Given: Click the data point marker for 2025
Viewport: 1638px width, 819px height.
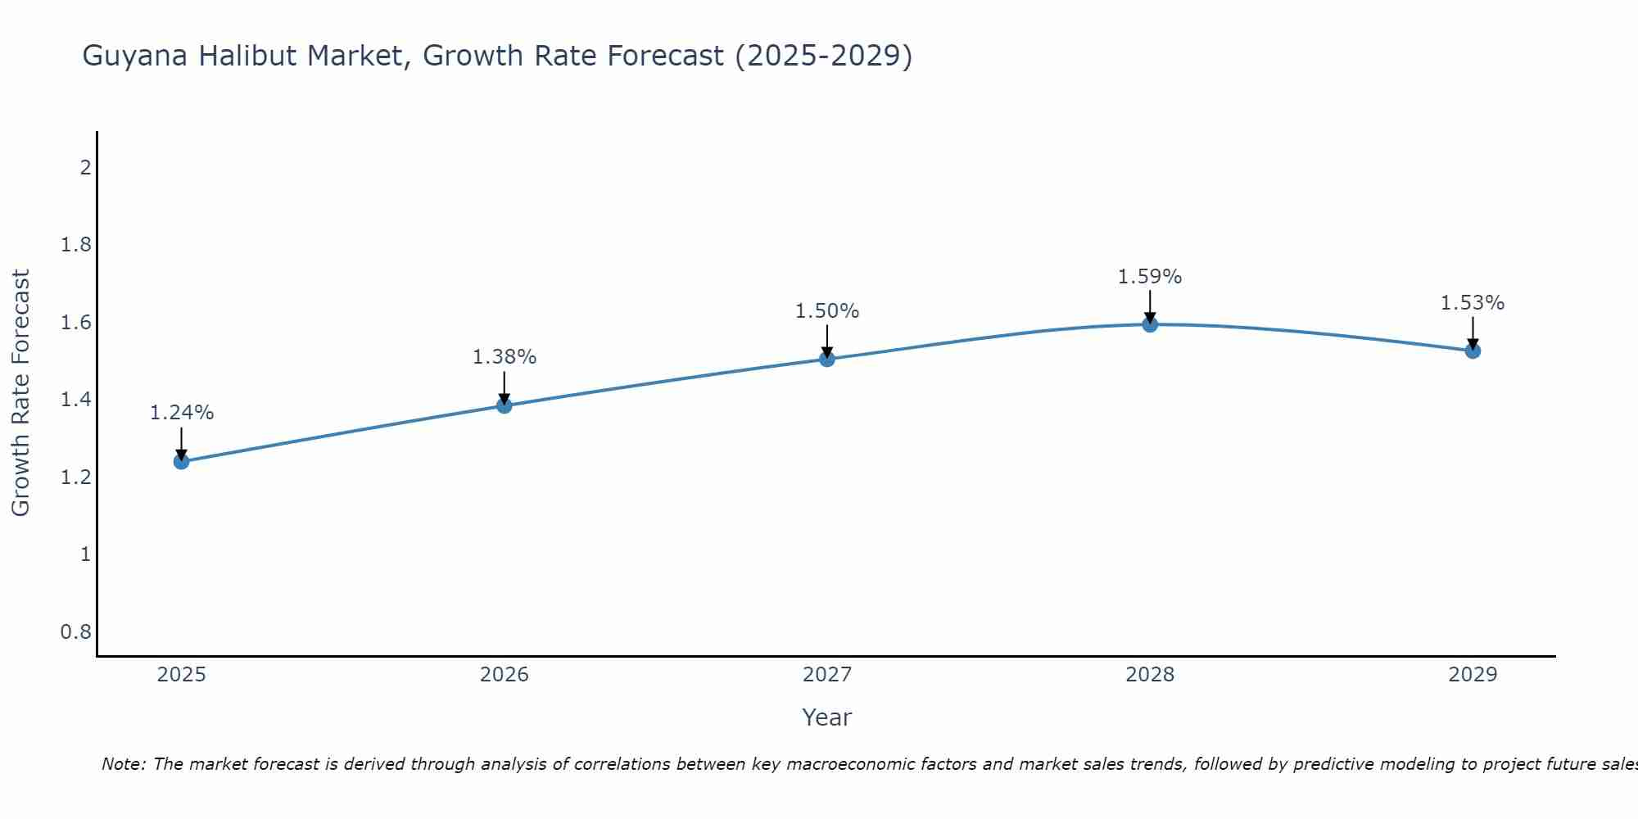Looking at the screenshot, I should pos(182,461).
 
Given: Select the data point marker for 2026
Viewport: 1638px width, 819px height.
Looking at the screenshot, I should pos(505,405).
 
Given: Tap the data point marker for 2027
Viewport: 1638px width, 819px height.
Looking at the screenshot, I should pos(827,359).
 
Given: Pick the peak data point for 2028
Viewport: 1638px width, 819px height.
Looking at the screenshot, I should pos(1150,324).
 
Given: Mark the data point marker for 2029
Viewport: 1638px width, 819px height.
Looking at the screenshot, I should pos(1473,351).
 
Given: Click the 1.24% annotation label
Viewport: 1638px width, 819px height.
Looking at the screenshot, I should pos(182,413).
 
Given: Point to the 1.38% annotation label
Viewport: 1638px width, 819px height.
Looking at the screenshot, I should pos(505,357).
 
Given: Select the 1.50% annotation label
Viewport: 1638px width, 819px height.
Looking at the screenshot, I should pos(827,311).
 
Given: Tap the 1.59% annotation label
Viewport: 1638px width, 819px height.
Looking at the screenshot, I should pos(1150,277).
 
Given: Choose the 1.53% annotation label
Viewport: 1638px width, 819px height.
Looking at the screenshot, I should pos(1473,303).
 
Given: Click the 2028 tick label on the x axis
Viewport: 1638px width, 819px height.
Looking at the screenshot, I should pos(1150,675).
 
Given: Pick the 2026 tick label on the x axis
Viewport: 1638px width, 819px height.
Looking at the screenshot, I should pos(505,675).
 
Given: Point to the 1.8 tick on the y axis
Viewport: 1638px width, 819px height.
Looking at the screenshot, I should pos(76,245).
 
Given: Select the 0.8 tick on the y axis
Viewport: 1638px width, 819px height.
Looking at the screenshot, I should pos(76,632).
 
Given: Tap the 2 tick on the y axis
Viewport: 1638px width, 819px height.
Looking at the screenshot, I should pos(85,168).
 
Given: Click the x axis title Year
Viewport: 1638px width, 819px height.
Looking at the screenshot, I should pos(827,717).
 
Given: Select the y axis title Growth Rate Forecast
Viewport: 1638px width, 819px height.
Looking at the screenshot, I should pos(20,393).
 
